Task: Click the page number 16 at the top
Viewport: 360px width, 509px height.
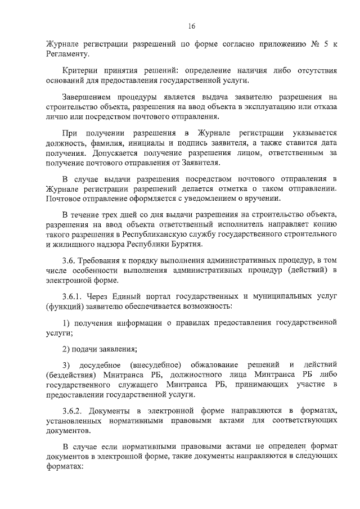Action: coord(191,26)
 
